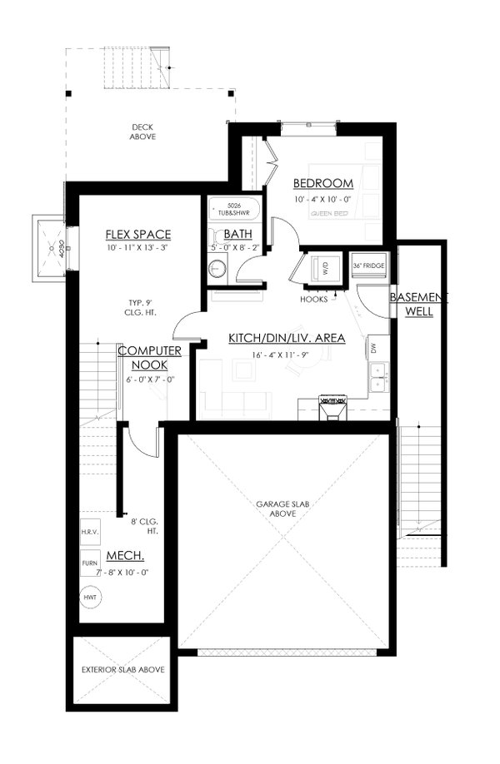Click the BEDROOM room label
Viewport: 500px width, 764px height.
pos(323,183)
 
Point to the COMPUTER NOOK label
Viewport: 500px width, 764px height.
pos(150,358)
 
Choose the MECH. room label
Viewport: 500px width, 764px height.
pos(126,555)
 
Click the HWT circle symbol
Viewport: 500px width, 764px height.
pos(89,598)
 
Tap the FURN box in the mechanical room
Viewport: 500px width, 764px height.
pos(89,563)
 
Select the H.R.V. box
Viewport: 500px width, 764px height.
pos(89,532)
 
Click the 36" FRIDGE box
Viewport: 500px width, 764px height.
pos(367,266)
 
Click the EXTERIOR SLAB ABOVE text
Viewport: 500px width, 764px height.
pos(122,669)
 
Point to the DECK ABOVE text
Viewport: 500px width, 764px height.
pos(142,131)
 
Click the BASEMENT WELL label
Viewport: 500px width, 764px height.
pos(418,305)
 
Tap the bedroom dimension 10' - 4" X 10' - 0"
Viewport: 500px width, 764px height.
pos(323,200)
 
